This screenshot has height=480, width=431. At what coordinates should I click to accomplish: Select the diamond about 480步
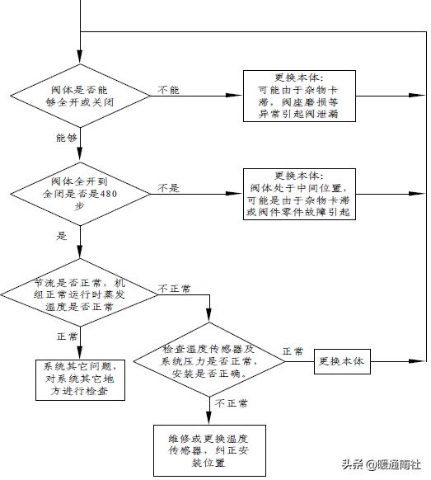[x=81, y=195]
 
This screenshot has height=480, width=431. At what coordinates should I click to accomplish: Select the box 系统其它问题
[x=80, y=379]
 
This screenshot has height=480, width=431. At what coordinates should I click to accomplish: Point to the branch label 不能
[x=168, y=88]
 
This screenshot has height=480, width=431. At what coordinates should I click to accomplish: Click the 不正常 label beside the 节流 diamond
[x=174, y=289]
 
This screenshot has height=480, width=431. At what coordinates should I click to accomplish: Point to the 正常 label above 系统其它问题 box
[x=67, y=337]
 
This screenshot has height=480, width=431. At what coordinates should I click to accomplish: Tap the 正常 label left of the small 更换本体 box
[x=293, y=352]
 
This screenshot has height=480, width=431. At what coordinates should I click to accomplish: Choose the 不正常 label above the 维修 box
[x=232, y=404]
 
